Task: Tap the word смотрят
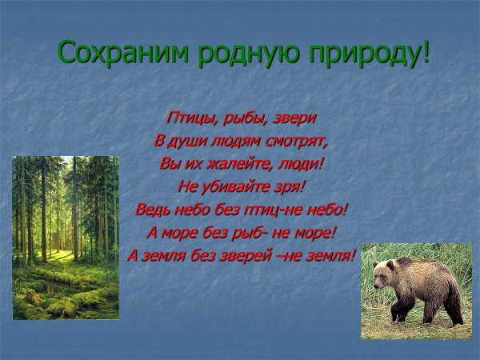point(302,141)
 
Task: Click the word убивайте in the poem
point(237,187)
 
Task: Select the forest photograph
point(65,238)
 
